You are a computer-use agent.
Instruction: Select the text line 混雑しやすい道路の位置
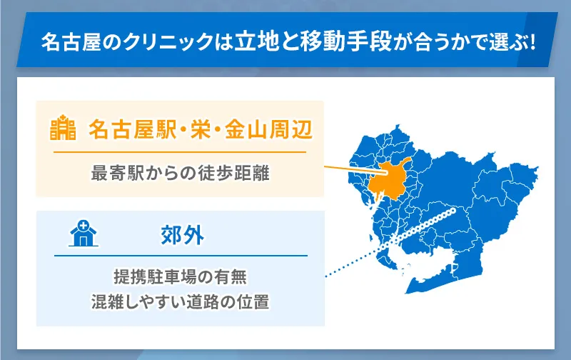[180, 301]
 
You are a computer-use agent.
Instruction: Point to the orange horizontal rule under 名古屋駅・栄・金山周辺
[180, 152]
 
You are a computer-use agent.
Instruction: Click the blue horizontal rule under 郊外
[180, 256]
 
